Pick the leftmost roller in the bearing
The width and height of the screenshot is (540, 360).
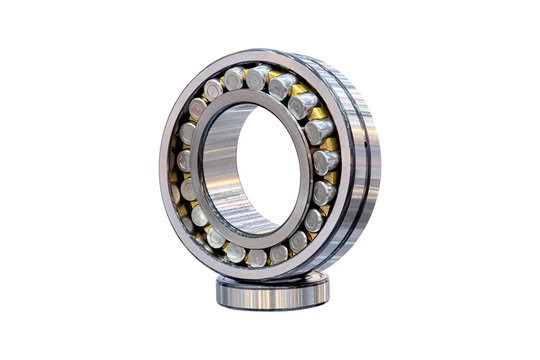coord(184,160)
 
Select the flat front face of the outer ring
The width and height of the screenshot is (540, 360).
coord(170,200)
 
